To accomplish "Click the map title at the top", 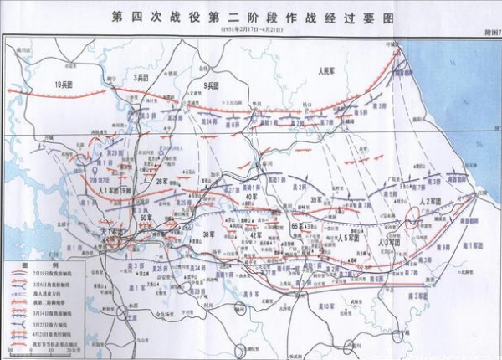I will tap(250, 16).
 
